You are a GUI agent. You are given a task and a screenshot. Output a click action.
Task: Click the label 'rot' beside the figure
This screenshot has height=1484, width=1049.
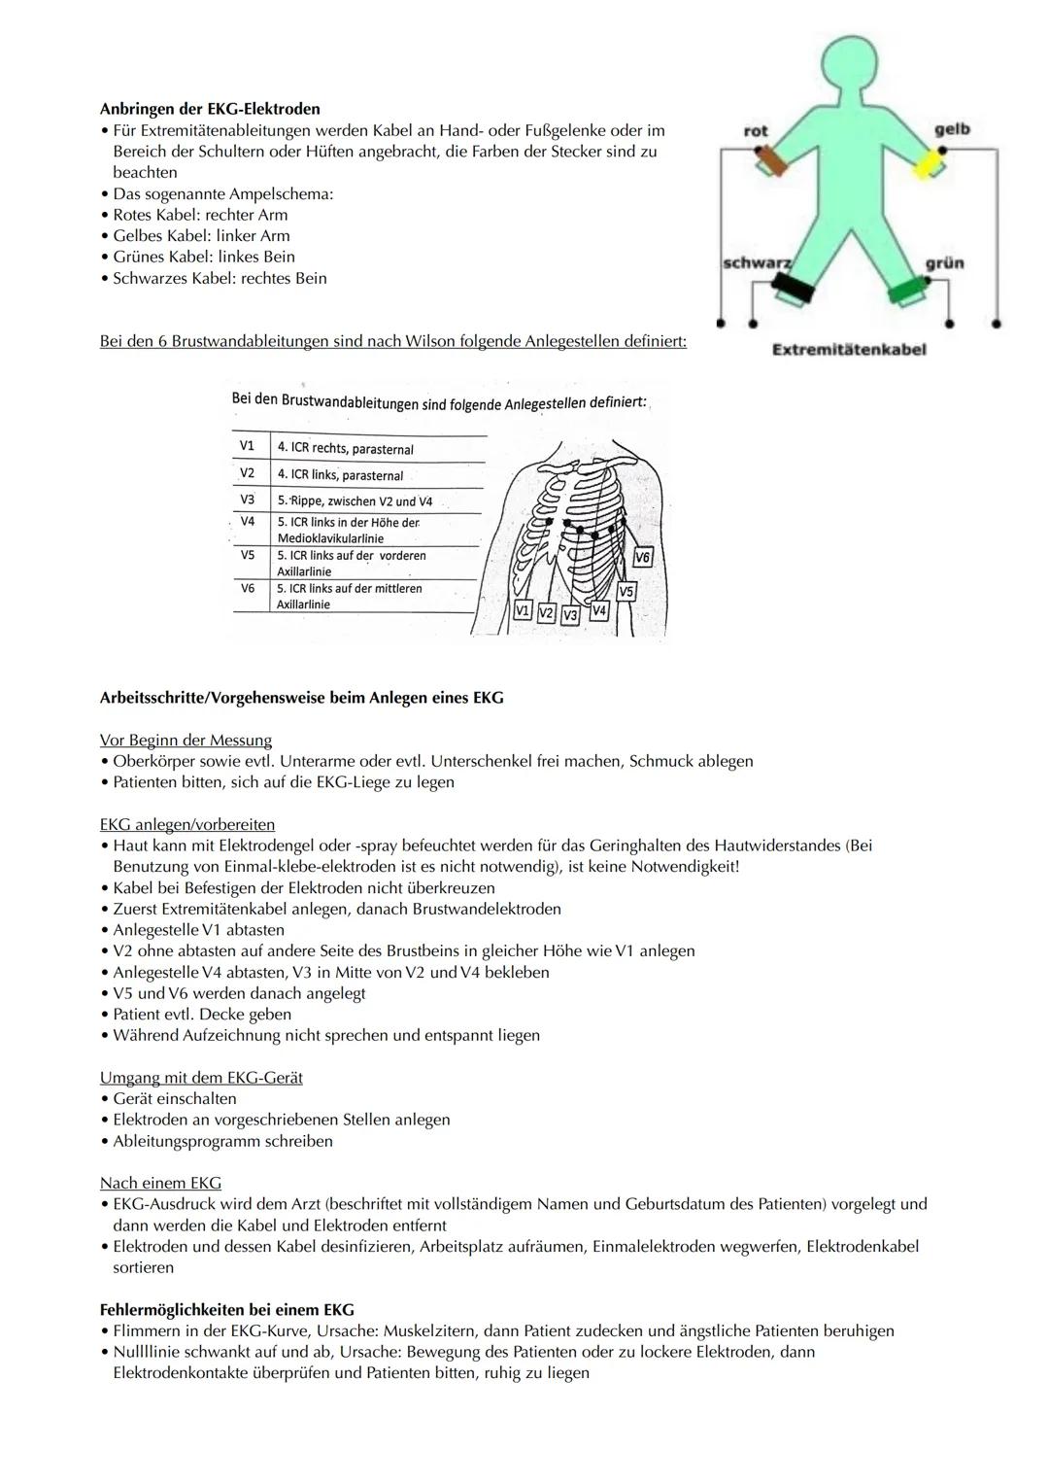pos(756,130)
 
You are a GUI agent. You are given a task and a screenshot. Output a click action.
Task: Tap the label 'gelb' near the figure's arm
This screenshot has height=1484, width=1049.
pos(951,129)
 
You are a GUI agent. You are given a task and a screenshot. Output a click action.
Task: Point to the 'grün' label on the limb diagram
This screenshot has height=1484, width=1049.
pos(944,263)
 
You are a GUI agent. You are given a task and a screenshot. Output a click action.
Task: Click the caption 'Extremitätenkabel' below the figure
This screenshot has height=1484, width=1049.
pos(849,350)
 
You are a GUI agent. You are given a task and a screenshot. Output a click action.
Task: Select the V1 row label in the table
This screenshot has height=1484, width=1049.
pos(247,446)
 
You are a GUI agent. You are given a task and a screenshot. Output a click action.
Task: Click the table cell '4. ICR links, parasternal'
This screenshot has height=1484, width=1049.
pos(340,475)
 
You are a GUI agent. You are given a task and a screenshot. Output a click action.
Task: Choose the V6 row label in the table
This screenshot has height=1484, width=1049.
pos(248,589)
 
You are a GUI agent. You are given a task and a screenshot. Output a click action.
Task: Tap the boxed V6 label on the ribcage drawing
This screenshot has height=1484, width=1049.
pos(642,557)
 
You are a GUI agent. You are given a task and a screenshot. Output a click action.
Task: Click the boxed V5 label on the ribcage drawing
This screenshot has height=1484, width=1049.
pos(626,591)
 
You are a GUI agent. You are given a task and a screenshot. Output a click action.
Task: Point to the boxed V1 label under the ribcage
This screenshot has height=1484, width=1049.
pos(523,611)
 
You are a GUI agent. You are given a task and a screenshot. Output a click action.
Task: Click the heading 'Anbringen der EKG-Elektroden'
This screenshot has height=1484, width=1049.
pos(210,109)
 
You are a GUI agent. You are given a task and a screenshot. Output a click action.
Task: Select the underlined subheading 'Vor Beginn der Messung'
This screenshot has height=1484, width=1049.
pos(186,741)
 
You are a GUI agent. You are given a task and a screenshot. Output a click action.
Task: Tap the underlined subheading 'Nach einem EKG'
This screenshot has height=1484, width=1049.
pos(160,1183)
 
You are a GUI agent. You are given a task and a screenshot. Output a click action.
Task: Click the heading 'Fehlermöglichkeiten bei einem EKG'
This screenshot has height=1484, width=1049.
pos(226,1309)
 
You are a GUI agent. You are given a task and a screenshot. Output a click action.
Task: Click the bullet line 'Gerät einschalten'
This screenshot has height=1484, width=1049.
pos(175,1098)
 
